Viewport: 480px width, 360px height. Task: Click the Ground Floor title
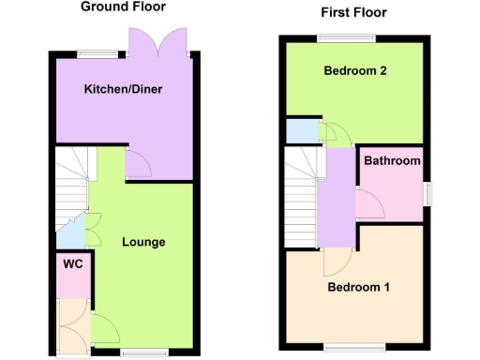click(x=123, y=7)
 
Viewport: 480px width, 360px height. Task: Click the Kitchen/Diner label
click(x=123, y=90)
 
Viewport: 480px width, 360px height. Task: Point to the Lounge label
click(x=143, y=242)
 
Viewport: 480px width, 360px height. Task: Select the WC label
click(x=73, y=264)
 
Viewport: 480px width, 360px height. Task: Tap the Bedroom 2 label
click(x=355, y=71)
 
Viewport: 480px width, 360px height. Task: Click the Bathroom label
click(x=392, y=161)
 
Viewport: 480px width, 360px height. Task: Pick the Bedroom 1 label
click(x=359, y=287)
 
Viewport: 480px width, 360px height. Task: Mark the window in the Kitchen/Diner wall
click(x=90, y=53)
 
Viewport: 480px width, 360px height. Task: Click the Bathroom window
click(x=427, y=191)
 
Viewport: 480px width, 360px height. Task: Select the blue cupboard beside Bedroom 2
click(x=301, y=131)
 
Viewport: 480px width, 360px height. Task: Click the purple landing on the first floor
click(x=334, y=197)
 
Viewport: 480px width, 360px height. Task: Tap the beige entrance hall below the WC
click(x=73, y=323)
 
